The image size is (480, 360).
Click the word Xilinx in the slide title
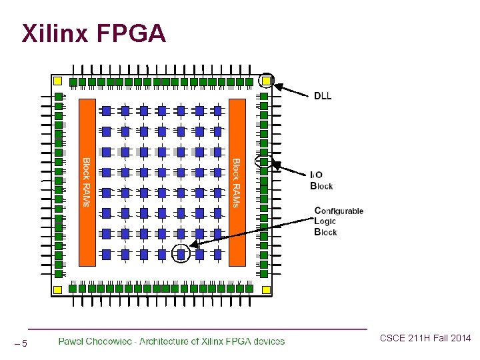53,33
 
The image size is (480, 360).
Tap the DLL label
323,95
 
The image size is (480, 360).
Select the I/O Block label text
321,180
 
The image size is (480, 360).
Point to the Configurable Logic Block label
338,221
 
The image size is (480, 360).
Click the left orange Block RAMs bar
87,182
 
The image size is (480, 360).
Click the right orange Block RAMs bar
237,182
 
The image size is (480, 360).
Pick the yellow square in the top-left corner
57,81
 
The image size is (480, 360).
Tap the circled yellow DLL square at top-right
266,81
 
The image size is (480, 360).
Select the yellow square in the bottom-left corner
57,289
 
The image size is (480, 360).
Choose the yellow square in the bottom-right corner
266,289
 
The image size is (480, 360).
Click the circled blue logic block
181,253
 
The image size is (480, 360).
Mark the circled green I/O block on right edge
264,161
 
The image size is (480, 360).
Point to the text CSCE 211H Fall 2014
425,339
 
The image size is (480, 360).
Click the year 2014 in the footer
459,339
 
